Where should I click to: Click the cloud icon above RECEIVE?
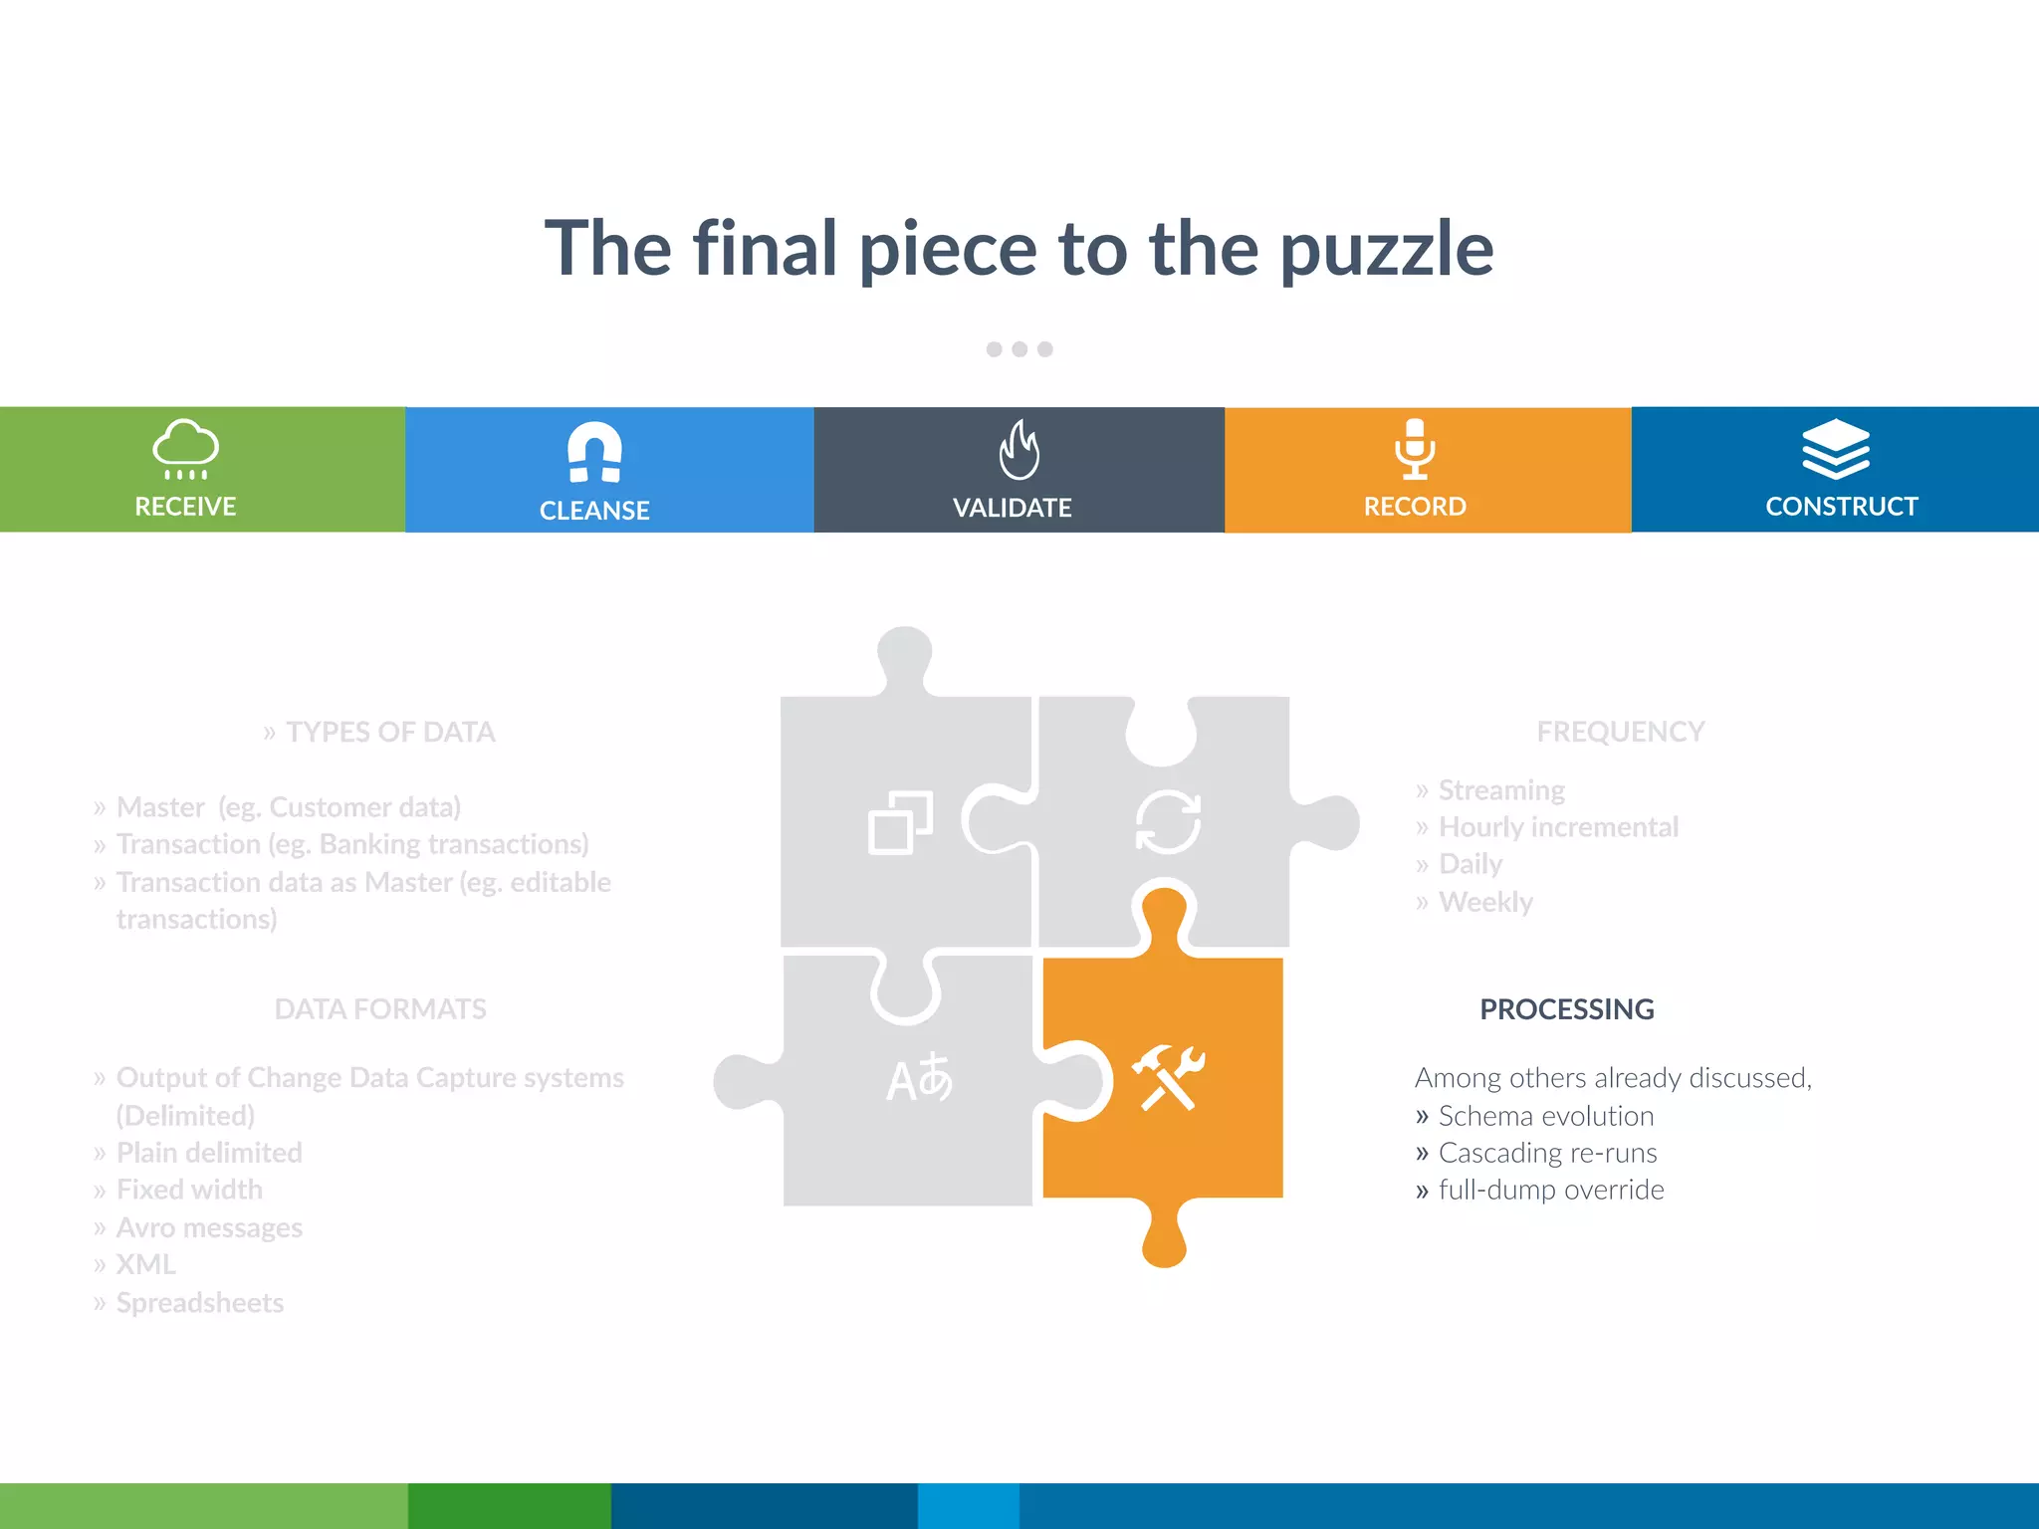[185, 449]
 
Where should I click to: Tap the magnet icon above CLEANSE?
[594, 452]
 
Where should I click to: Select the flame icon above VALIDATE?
[1019, 450]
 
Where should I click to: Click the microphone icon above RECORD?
[1415, 449]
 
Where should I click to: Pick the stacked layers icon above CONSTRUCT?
[1836, 449]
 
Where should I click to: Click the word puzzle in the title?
[1386, 250]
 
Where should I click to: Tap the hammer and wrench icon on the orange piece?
[1168, 1077]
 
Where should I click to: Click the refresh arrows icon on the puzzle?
[1168, 822]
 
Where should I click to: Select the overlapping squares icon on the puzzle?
[900, 823]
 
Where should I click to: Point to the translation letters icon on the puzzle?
[919, 1078]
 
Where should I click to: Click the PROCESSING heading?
[1566, 1009]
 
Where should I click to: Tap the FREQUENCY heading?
[1620, 732]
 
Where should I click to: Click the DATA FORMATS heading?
[380, 1009]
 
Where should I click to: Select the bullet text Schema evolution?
[1545, 1116]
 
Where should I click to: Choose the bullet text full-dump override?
[1550, 1190]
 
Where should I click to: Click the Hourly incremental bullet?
[1558, 827]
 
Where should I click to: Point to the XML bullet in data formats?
[145, 1264]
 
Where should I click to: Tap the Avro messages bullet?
[209, 1227]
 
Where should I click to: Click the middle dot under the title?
[1019, 349]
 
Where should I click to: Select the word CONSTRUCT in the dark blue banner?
[1841, 507]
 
